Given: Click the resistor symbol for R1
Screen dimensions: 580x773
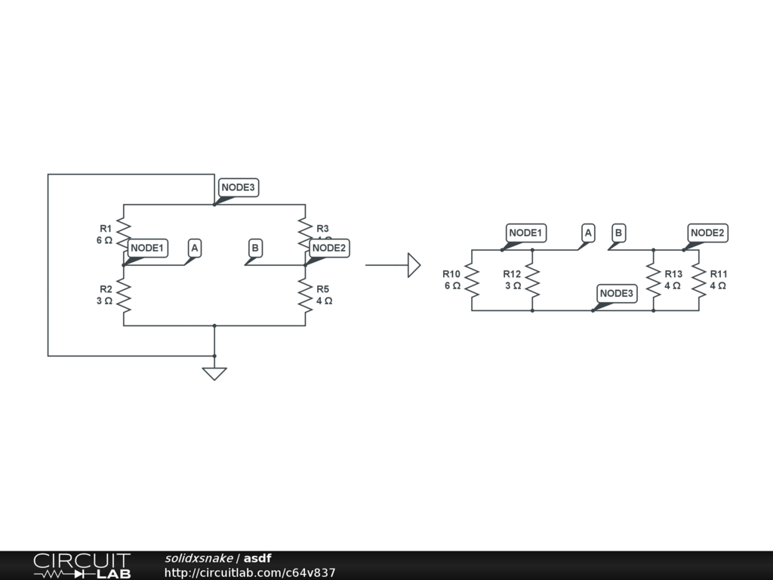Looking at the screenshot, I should point(124,234).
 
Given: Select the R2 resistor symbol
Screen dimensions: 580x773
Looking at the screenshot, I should point(124,295).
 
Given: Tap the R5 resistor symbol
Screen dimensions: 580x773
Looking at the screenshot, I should point(305,295).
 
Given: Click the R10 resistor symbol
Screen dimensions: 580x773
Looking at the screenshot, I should point(472,280).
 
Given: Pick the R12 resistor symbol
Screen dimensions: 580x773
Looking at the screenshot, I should point(532,280).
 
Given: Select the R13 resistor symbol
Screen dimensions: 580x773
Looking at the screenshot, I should point(654,280).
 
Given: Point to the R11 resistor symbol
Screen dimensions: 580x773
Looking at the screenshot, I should point(699,280).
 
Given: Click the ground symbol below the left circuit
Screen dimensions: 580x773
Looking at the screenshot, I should point(214,373).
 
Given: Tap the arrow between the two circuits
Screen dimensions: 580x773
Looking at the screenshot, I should point(393,265).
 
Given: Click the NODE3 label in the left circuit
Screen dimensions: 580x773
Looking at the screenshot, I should point(239,187).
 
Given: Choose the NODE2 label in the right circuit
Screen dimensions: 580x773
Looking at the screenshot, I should point(707,233).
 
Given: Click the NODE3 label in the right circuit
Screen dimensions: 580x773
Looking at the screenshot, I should point(617,293).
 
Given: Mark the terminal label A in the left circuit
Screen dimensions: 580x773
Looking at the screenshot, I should point(195,248).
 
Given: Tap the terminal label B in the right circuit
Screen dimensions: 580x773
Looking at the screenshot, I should point(618,233).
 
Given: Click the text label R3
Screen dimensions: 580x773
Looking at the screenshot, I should point(322,228).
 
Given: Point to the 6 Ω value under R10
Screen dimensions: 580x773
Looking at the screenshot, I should point(452,285).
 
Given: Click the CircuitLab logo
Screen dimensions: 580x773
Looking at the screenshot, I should point(82,566).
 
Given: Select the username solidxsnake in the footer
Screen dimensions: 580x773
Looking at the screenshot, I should point(199,558).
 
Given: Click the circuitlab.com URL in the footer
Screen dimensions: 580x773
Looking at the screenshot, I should point(250,573).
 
